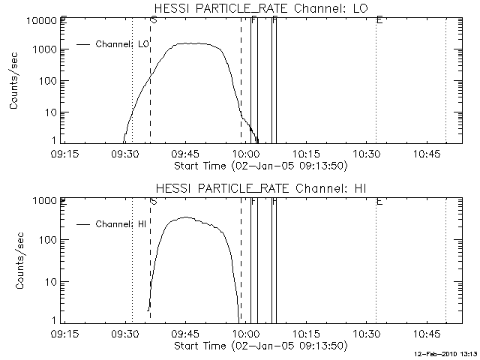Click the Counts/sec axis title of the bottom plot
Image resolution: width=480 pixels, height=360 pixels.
pyautogui.click(x=16, y=262)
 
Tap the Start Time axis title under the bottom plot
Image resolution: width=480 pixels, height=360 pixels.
pyautogui.click(x=259, y=345)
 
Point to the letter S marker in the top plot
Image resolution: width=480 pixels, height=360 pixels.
pyautogui.click(x=154, y=19)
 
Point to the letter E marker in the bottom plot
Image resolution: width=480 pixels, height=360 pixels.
pyautogui.click(x=379, y=200)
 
